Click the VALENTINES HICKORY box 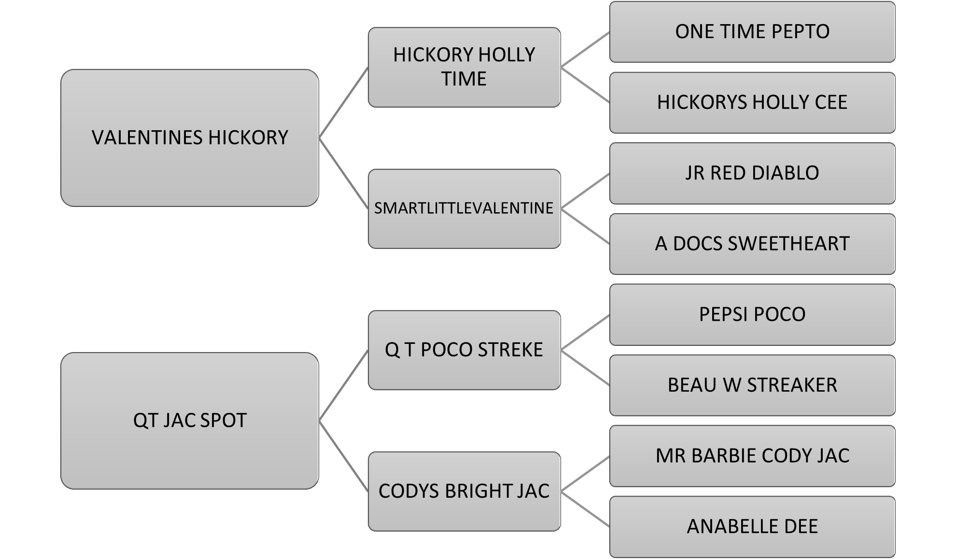[x=190, y=138]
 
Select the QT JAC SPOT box [x=190, y=421]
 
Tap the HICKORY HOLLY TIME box [x=464, y=67]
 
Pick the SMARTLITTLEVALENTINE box [x=464, y=208]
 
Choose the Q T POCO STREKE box [x=464, y=350]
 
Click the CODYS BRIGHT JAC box [x=464, y=491]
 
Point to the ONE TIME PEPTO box [x=752, y=32]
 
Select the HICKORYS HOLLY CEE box [x=752, y=103]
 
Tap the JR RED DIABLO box [x=752, y=173]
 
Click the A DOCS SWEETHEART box [x=752, y=244]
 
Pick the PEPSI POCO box [x=752, y=314]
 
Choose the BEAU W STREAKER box [x=752, y=385]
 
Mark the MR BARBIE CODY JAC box [x=752, y=456]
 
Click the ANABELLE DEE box [x=752, y=527]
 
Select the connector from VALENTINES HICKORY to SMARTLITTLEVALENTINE [x=343, y=173]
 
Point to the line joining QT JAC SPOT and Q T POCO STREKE [x=343, y=385]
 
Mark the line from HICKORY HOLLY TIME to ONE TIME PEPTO [x=585, y=50]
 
